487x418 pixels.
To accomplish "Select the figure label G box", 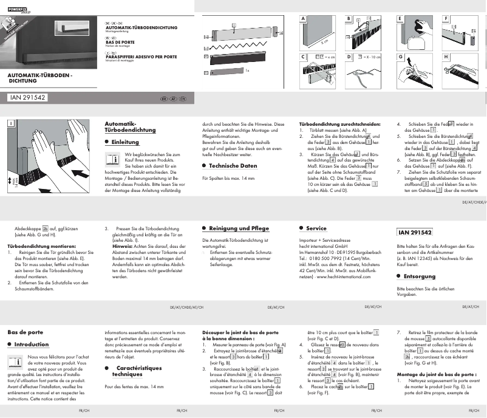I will pyautogui.click(x=400, y=57).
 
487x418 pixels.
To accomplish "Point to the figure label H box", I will pyautogui.click(x=446, y=57).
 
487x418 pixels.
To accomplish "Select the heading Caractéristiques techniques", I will pyautogui.click(x=138, y=371).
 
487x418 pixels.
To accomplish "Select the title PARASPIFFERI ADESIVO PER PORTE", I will pyautogui.click(x=141, y=55).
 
